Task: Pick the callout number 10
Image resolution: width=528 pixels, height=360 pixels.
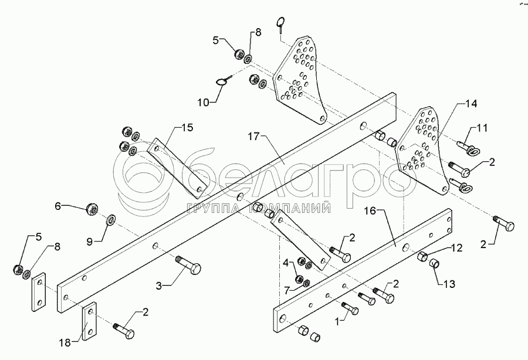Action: [x=202, y=103]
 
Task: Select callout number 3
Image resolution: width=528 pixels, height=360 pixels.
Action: [x=159, y=286]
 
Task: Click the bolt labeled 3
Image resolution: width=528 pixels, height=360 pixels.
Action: [x=189, y=267]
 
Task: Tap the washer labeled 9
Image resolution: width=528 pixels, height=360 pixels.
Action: [x=111, y=221]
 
